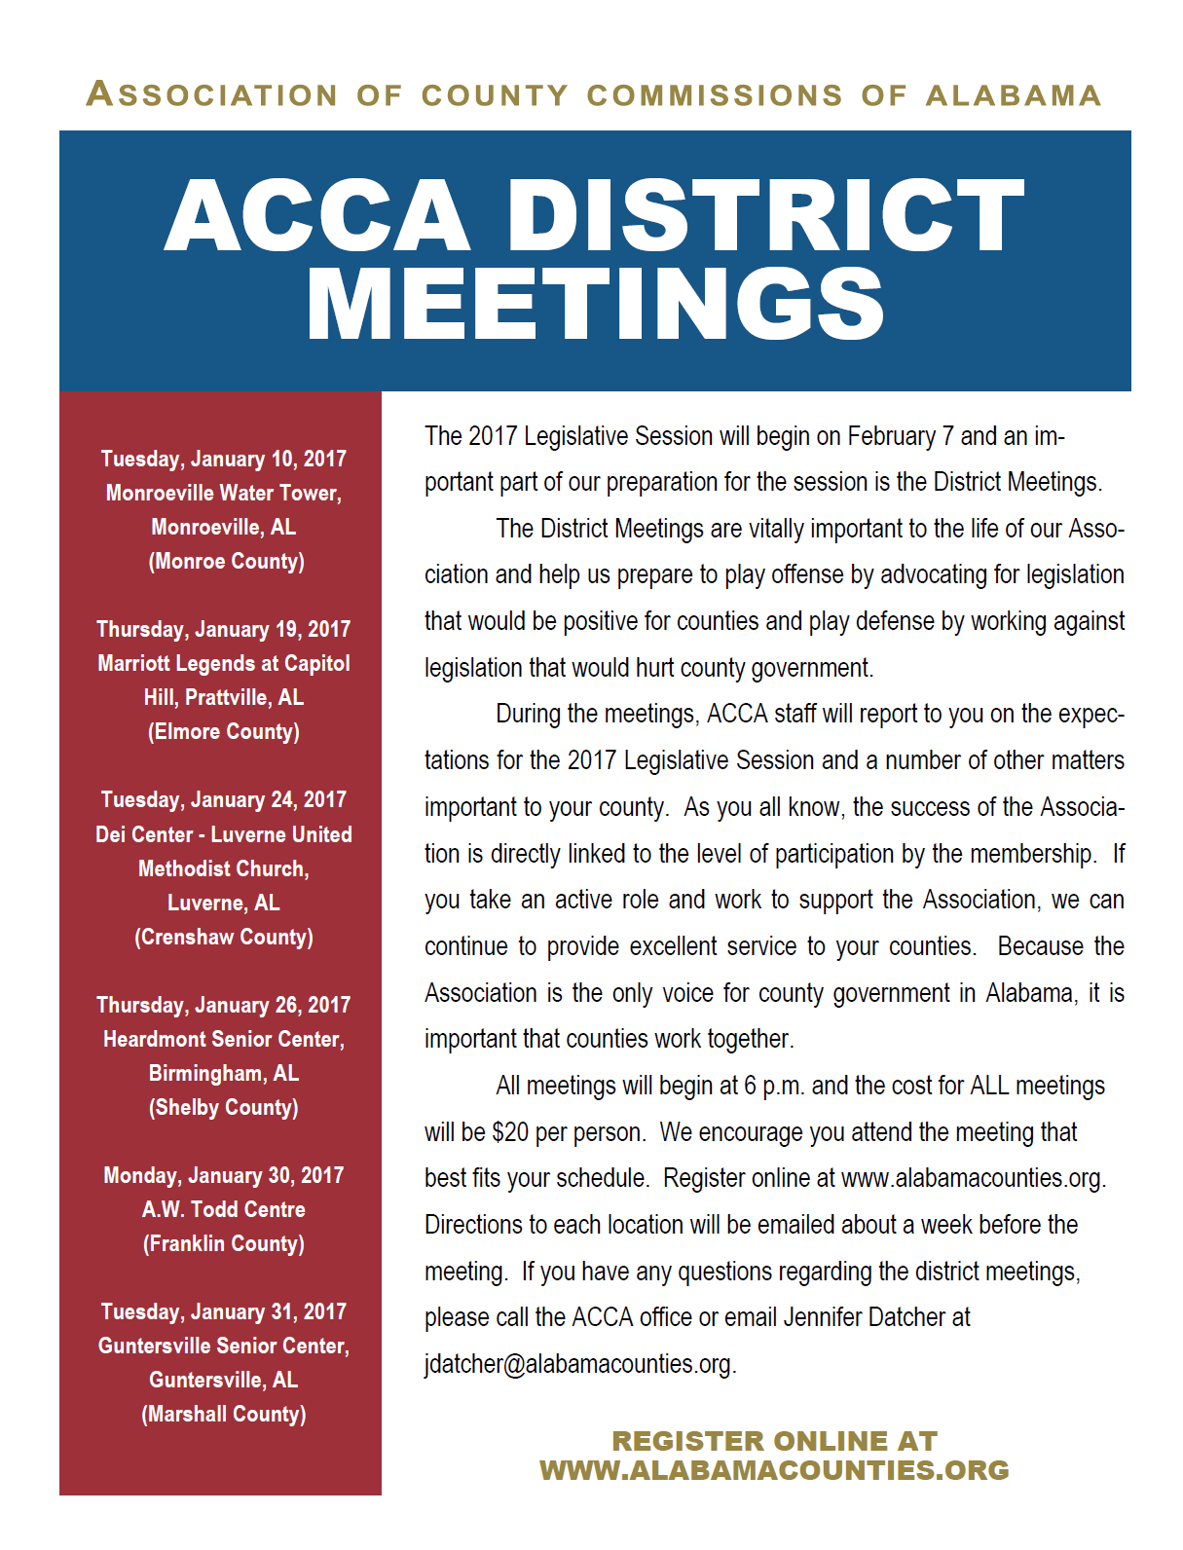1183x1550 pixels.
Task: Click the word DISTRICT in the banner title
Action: [764, 215]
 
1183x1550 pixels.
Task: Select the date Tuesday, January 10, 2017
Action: [224, 459]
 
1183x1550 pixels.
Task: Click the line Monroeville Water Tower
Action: [224, 493]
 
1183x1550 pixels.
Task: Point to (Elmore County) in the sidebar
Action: [224, 731]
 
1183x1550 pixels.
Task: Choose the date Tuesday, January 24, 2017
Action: [224, 799]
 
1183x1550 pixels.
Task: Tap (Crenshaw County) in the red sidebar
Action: [224, 937]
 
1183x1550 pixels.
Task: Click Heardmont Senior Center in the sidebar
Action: [224, 1039]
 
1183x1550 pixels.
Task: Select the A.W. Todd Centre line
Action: [224, 1209]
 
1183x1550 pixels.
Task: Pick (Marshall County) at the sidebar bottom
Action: [224, 1414]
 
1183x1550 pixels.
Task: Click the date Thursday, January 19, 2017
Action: [224, 629]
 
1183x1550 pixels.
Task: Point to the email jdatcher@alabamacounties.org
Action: [579, 1364]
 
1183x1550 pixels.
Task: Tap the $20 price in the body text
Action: [510, 1132]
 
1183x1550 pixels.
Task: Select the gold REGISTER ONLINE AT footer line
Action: [774, 1441]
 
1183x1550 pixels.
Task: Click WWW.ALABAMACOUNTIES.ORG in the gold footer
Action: [774, 1470]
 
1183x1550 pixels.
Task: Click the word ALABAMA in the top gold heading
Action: [1014, 95]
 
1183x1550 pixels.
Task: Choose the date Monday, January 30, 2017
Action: [224, 1175]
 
